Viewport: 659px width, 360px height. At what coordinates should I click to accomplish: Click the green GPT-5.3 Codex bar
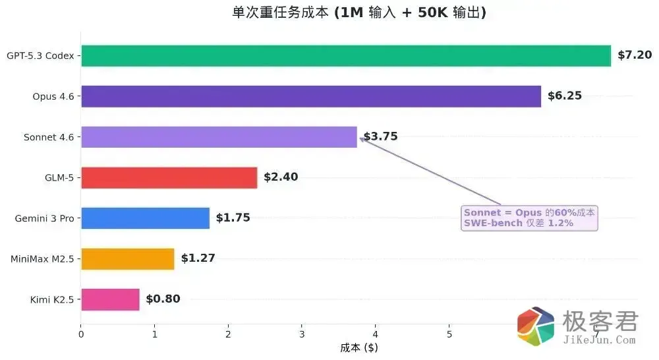point(346,56)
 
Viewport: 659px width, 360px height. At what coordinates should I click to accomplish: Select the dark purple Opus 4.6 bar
point(310,96)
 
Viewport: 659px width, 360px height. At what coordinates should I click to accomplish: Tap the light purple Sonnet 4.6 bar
point(219,137)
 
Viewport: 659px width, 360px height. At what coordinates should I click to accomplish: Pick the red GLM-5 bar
point(169,177)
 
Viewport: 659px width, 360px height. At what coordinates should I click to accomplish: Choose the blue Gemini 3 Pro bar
point(145,218)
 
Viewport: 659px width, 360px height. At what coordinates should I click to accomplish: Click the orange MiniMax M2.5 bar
point(127,258)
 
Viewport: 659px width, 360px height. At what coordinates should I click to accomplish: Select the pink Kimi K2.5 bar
point(110,299)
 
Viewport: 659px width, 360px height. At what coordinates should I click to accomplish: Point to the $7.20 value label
point(634,55)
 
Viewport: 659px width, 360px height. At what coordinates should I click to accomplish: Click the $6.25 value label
point(565,96)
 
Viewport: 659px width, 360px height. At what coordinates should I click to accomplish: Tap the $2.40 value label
point(281,177)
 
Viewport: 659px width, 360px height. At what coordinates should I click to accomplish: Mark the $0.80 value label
point(163,299)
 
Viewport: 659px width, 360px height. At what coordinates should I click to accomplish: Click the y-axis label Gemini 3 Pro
point(44,218)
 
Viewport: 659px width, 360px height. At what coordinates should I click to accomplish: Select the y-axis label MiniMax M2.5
point(42,258)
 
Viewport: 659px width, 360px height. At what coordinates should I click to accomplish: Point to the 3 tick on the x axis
point(301,334)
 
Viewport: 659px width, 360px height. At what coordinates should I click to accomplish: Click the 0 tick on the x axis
point(80,334)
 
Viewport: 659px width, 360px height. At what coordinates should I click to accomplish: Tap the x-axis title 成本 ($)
point(359,347)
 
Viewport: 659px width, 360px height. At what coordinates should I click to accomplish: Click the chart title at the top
point(359,13)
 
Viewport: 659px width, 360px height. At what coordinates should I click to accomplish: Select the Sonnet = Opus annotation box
point(530,218)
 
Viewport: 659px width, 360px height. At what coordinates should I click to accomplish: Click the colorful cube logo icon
point(536,326)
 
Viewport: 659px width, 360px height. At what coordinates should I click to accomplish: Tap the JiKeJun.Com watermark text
point(600,340)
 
